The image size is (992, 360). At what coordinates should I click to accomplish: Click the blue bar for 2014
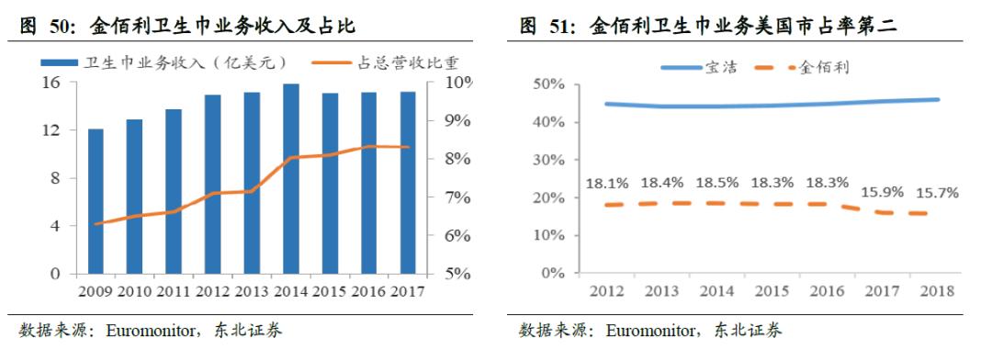pyautogui.click(x=290, y=179)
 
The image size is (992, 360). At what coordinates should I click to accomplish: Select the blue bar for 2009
pyautogui.click(x=96, y=201)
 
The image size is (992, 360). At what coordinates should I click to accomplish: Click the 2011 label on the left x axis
pyautogui.click(x=174, y=293)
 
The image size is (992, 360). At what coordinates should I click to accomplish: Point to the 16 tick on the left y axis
pyautogui.click(x=52, y=83)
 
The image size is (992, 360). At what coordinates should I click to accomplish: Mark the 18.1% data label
pyautogui.click(x=607, y=184)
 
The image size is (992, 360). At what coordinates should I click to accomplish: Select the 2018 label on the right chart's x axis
pyautogui.click(x=937, y=292)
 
